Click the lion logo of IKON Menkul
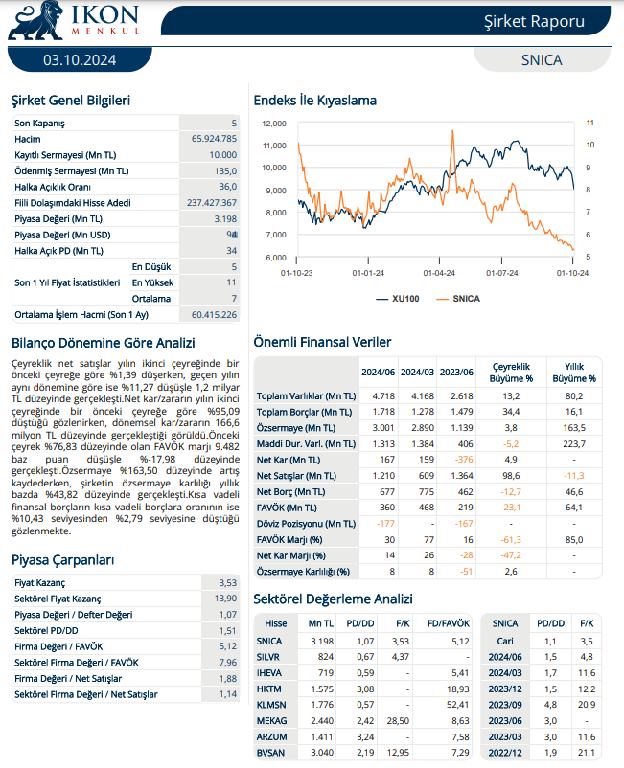[35, 20]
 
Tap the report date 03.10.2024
[80, 60]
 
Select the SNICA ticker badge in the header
[542, 59]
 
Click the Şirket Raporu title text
[534, 22]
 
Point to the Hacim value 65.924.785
[214, 139]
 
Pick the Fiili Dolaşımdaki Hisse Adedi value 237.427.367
[212, 203]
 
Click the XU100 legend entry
[398, 298]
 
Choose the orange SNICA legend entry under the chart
[458, 298]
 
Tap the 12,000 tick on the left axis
[274, 124]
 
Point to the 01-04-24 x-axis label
[439, 273]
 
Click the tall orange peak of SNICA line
[452, 131]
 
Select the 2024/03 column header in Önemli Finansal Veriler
[417, 373]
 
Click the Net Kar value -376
[464, 460]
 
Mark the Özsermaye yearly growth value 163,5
[574, 428]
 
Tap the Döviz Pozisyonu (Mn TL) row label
[307, 524]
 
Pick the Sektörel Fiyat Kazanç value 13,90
[225, 599]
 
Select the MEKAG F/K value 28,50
[398, 720]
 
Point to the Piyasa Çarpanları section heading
[62, 560]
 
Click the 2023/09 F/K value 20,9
[587, 705]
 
